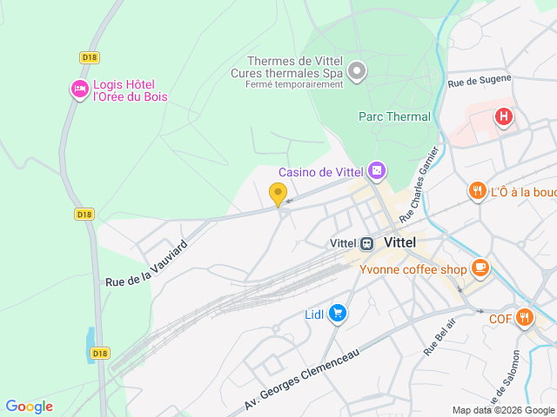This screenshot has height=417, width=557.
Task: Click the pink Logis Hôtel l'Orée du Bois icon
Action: pos(79,89)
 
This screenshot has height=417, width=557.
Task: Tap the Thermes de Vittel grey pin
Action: pos(357,70)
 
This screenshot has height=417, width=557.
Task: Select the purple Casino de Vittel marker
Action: pos(376,170)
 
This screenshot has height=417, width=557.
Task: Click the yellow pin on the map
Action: pos(278,195)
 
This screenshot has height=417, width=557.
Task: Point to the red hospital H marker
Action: pos(503,116)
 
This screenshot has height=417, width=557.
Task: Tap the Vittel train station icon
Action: pos(367,243)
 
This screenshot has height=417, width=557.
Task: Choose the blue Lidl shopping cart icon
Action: pos(338,314)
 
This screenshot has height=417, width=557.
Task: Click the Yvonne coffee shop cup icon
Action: pos(480,267)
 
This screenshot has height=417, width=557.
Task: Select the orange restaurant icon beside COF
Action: pos(523,317)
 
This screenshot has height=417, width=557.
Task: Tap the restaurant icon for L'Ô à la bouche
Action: pos(477,191)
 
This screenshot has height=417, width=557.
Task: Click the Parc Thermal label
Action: pos(394,116)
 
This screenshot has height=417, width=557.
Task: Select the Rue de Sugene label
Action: pos(480,81)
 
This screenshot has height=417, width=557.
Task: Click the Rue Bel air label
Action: pos(440,337)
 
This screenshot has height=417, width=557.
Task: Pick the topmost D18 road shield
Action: pos(89,57)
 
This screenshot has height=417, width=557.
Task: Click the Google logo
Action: pos(29,407)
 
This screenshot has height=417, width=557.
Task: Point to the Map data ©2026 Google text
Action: pos(503,411)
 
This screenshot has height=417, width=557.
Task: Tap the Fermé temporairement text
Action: pos(294,84)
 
